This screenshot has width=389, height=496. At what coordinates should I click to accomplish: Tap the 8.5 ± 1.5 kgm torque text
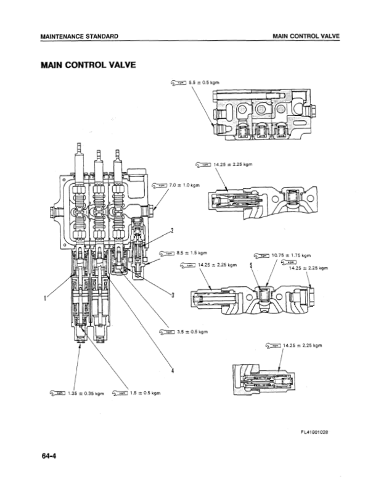[192, 252]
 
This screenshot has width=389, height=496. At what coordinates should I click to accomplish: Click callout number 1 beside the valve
[45, 299]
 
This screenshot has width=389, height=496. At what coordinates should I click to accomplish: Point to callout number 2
[172, 231]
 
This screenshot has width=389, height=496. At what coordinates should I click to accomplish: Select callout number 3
[173, 294]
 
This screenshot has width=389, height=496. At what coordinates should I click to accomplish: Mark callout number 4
[172, 370]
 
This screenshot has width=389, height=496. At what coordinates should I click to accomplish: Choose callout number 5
[251, 265]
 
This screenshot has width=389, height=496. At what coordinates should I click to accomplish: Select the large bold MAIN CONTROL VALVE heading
[87, 64]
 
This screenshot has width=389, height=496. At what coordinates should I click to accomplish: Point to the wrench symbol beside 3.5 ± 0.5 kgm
[166, 331]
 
